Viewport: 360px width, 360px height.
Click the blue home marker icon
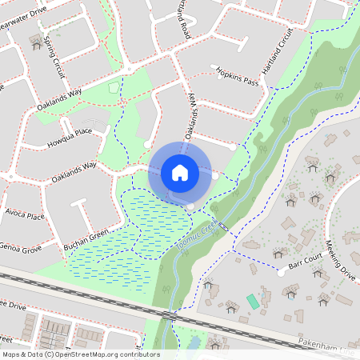(x=180, y=173)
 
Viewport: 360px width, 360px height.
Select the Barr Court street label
(x=304, y=261)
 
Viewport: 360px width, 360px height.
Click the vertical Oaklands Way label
(x=192, y=126)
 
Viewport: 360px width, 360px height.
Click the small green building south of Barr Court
(x=253, y=302)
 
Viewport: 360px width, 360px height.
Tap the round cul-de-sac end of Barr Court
(x=281, y=272)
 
